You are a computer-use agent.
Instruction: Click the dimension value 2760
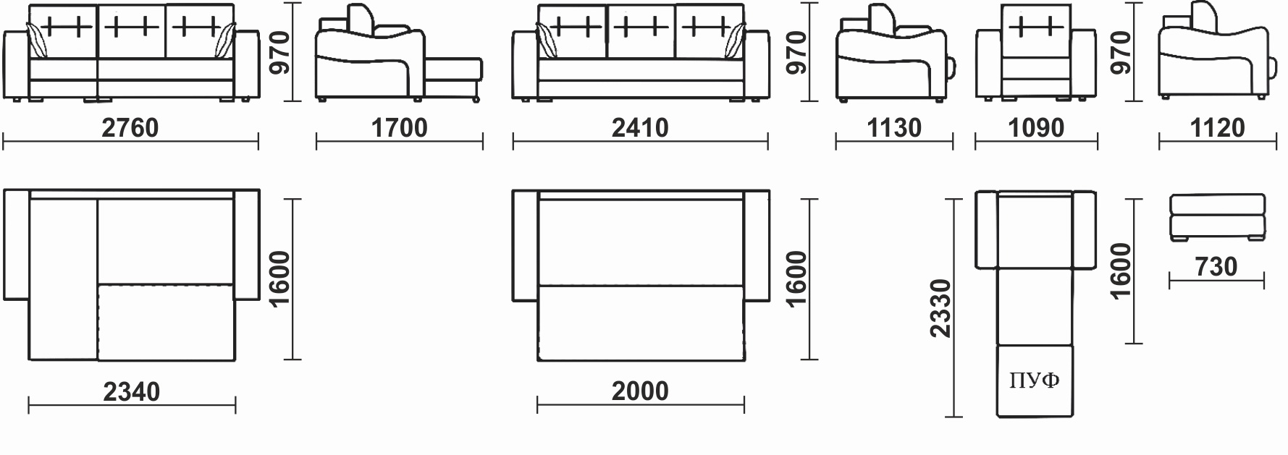(130, 128)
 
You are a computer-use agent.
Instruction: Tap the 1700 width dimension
(399, 128)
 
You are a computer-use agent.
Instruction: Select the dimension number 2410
(640, 128)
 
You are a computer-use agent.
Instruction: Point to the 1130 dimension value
(894, 128)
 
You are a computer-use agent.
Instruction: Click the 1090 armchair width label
(1036, 128)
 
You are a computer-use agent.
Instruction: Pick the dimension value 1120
(1217, 128)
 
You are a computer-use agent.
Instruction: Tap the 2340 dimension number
(131, 391)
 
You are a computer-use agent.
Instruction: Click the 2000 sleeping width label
(640, 391)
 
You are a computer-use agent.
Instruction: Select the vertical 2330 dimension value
(940, 308)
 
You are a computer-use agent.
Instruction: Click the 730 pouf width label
(1216, 267)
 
